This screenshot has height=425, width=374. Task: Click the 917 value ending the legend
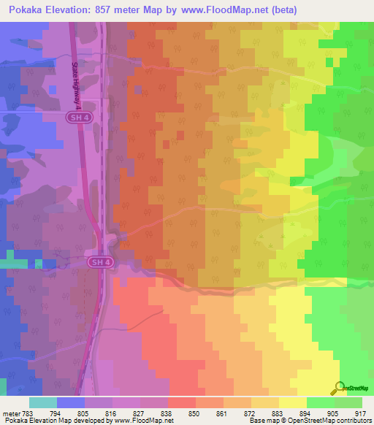360,413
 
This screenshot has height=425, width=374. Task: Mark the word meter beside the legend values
11,413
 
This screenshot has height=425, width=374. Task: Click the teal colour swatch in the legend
42,402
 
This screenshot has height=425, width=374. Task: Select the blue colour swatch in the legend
70,402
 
